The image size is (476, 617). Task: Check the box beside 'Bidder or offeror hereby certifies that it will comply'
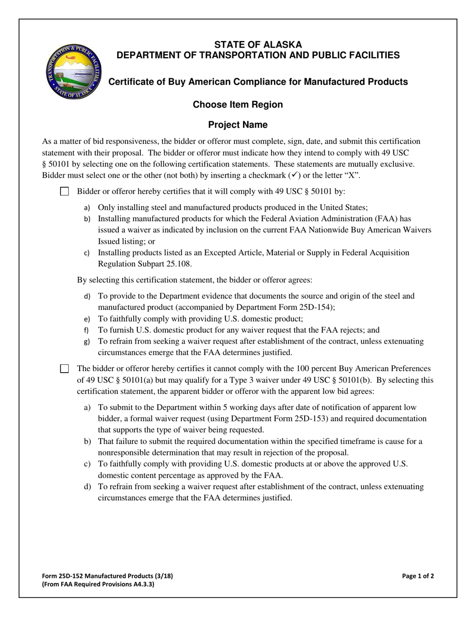click(65, 191)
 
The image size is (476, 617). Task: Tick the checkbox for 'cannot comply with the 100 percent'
click(65, 369)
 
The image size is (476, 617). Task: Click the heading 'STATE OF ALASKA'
click(258, 45)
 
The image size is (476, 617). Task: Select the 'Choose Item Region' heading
click(238, 104)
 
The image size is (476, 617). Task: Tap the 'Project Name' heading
click(238, 125)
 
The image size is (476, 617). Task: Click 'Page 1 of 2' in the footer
click(418, 576)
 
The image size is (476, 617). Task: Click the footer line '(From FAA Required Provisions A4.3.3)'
click(98, 584)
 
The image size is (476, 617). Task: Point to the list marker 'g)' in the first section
click(87, 342)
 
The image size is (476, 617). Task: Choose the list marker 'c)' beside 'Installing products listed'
click(87, 253)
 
